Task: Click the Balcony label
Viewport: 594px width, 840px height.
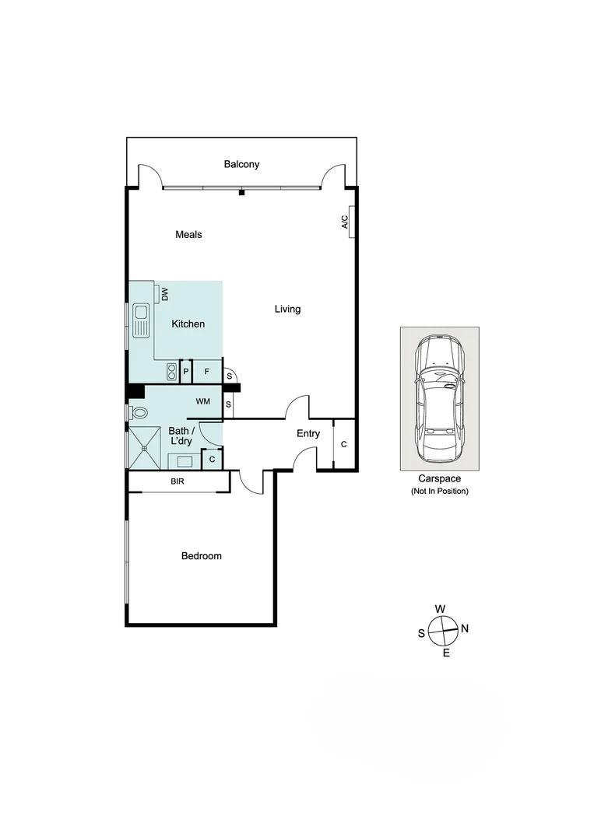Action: click(241, 164)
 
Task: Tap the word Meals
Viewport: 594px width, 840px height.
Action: click(188, 234)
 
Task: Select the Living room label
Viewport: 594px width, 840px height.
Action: click(287, 309)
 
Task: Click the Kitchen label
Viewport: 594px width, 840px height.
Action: click(188, 324)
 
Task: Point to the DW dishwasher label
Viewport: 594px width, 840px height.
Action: click(164, 294)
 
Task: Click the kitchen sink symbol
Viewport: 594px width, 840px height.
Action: click(141, 321)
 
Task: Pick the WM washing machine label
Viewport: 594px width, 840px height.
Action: click(202, 401)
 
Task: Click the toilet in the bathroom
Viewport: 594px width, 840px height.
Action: click(138, 412)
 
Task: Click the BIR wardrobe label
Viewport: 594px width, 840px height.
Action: click(177, 482)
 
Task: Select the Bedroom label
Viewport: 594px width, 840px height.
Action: click(202, 556)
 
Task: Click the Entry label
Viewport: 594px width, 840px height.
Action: click(308, 433)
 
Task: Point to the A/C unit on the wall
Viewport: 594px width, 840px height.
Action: click(352, 222)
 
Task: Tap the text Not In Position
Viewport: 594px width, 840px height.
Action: click(439, 492)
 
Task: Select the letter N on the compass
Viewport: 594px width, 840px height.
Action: click(465, 628)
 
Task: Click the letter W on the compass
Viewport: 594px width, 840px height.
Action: click(440, 608)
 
